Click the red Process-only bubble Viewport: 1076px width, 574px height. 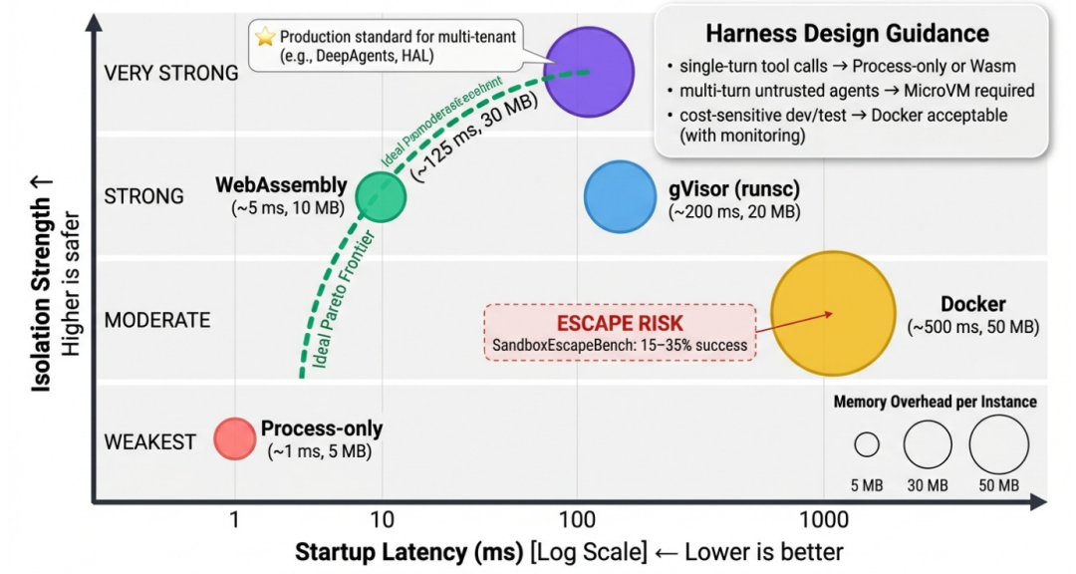(235, 437)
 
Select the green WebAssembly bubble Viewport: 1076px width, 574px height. (382, 195)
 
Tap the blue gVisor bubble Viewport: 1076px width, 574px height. (619, 196)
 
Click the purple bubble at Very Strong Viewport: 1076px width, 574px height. (590, 72)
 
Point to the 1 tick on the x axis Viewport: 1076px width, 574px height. (234, 519)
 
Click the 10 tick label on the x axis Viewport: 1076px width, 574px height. (381, 519)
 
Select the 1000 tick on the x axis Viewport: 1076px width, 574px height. (823, 519)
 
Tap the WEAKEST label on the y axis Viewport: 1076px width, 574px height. (150, 442)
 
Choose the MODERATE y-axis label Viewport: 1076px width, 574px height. (157, 320)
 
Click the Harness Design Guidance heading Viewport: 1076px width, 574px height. (847, 34)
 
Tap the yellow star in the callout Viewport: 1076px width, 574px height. (265, 37)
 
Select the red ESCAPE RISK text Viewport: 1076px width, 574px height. (620, 324)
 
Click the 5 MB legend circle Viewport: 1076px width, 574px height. (867, 444)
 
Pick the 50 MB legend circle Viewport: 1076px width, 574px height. (998, 444)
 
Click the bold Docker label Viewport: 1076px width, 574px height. (973, 304)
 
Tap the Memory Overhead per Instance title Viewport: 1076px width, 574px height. (935, 402)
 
